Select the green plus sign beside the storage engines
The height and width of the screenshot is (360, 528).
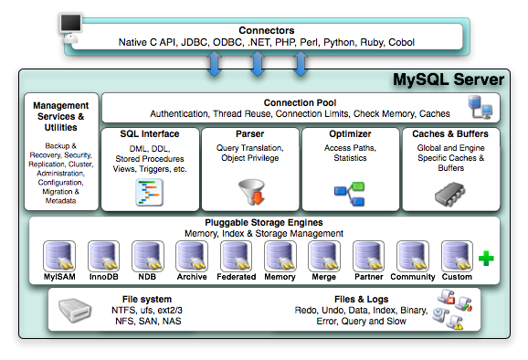pyautogui.click(x=486, y=259)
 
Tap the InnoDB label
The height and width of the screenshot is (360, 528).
pyautogui.click(x=103, y=276)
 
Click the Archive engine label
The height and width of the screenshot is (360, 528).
pyautogui.click(x=192, y=276)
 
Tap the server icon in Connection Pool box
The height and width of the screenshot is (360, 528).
pyautogui.click(x=480, y=109)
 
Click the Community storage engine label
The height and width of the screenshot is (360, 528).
pyautogui.click(x=412, y=276)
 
